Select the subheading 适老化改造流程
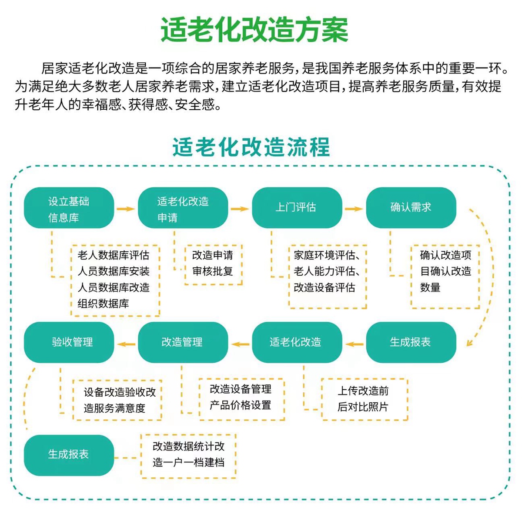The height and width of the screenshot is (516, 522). click(x=251, y=147)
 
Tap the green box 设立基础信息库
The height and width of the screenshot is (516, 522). click(x=69, y=209)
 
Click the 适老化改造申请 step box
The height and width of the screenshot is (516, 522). click(x=183, y=209)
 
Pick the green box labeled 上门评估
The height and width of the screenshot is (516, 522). click(x=297, y=208)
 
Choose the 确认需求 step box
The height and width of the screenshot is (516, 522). click(x=411, y=208)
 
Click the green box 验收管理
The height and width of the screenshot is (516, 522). click(x=69, y=342)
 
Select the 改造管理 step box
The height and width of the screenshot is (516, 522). click(x=183, y=342)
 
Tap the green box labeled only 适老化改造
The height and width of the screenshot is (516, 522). click(x=297, y=342)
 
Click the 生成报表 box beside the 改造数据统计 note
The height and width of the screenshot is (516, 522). click(x=69, y=455)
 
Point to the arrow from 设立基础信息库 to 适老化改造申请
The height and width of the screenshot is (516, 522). click(x=126, y=209)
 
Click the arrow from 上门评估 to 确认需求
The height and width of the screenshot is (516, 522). click(x=354, y=209)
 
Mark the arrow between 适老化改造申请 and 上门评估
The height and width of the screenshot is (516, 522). click(x=240, y=209)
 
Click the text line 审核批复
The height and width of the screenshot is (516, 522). click(x=212, y=271)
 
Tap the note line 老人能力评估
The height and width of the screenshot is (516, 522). click(x=326, y=271)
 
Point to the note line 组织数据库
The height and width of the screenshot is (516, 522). click(x=103, y=304)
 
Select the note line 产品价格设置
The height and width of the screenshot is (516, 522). click(x=240, y=405)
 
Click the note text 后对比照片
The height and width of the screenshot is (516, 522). click(x=363, y=407)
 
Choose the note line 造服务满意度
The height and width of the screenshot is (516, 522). click(x=114, y=408)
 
